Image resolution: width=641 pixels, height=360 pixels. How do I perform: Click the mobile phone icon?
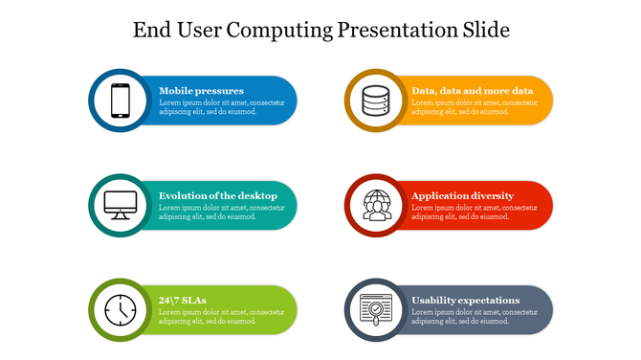121,101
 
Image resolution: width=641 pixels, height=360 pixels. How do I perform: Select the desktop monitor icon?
121,205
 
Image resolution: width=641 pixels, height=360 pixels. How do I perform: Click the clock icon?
121,309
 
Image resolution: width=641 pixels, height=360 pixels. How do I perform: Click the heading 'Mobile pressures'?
201,91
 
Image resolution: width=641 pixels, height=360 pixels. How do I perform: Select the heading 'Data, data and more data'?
472,91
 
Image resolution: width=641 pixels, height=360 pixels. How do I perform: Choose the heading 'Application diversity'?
462,195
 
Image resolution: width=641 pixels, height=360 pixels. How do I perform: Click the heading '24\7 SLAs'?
182,300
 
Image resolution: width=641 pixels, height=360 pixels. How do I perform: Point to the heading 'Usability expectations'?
465,300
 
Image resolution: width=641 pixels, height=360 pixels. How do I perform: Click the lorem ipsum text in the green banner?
222,317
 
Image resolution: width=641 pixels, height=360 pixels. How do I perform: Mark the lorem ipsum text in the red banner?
475,213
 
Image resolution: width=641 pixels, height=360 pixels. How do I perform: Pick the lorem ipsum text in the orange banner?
475,107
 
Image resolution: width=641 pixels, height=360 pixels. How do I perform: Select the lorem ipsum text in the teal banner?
222,213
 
